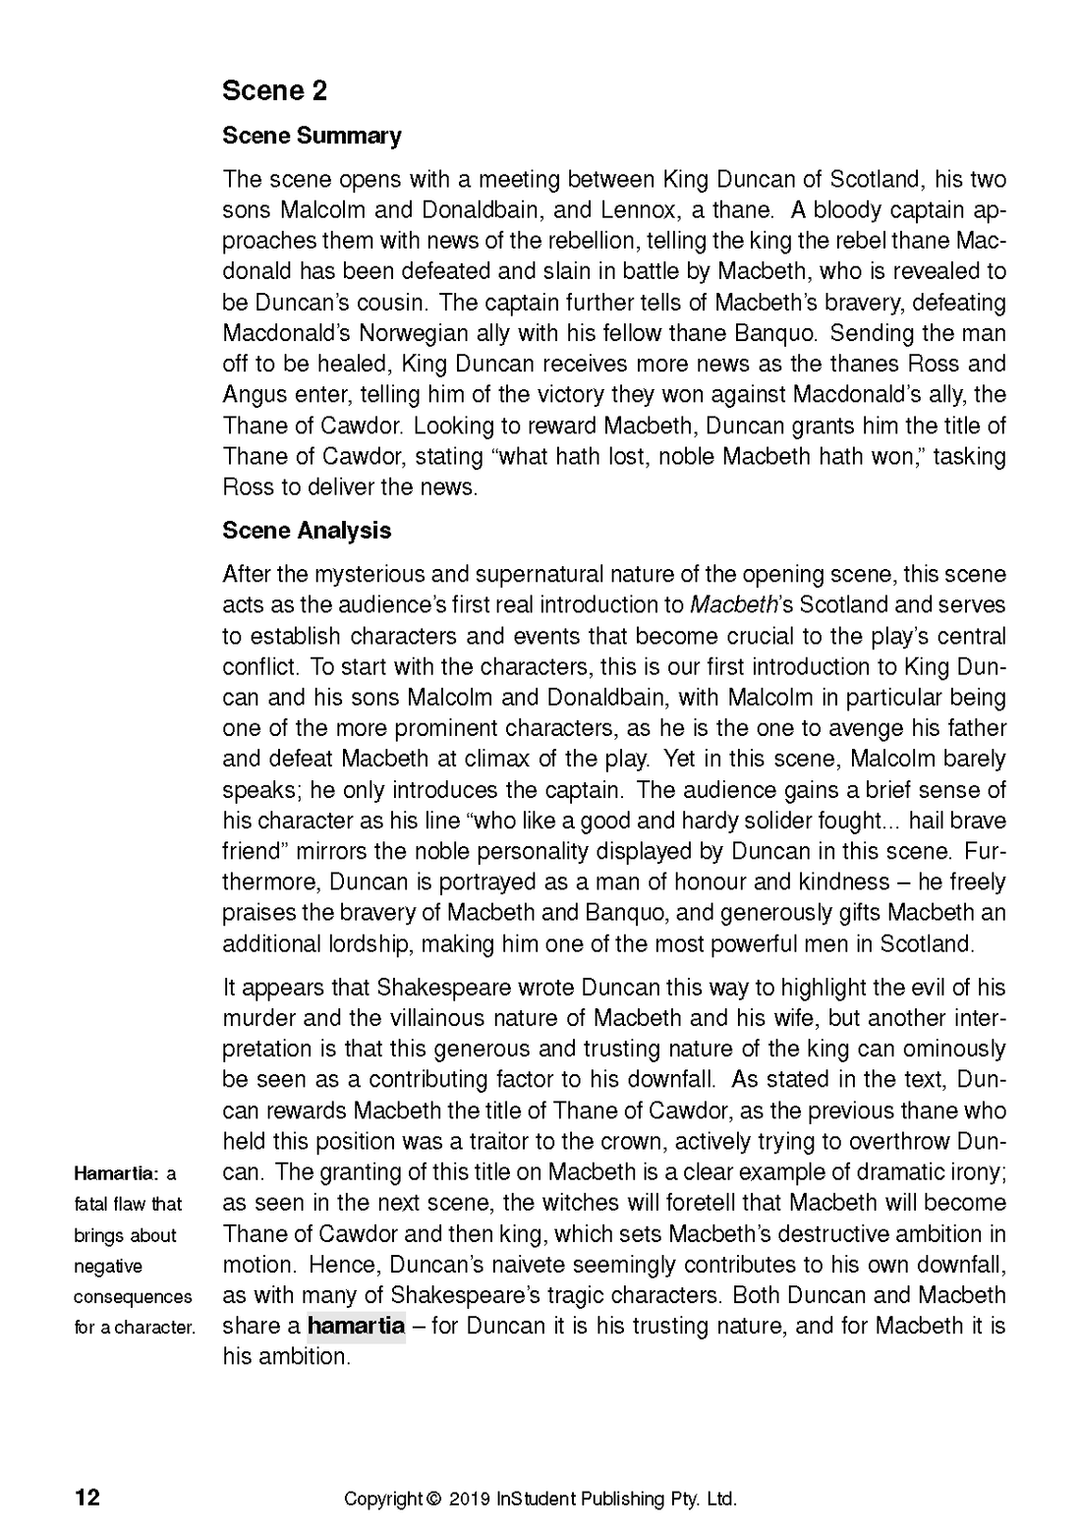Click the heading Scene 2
274,91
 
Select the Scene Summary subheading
312,136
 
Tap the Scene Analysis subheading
306,531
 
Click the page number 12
86,1498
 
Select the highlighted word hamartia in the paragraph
356,1326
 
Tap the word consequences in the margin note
133,1296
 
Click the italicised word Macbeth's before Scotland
731,604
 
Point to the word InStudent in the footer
537,1500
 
